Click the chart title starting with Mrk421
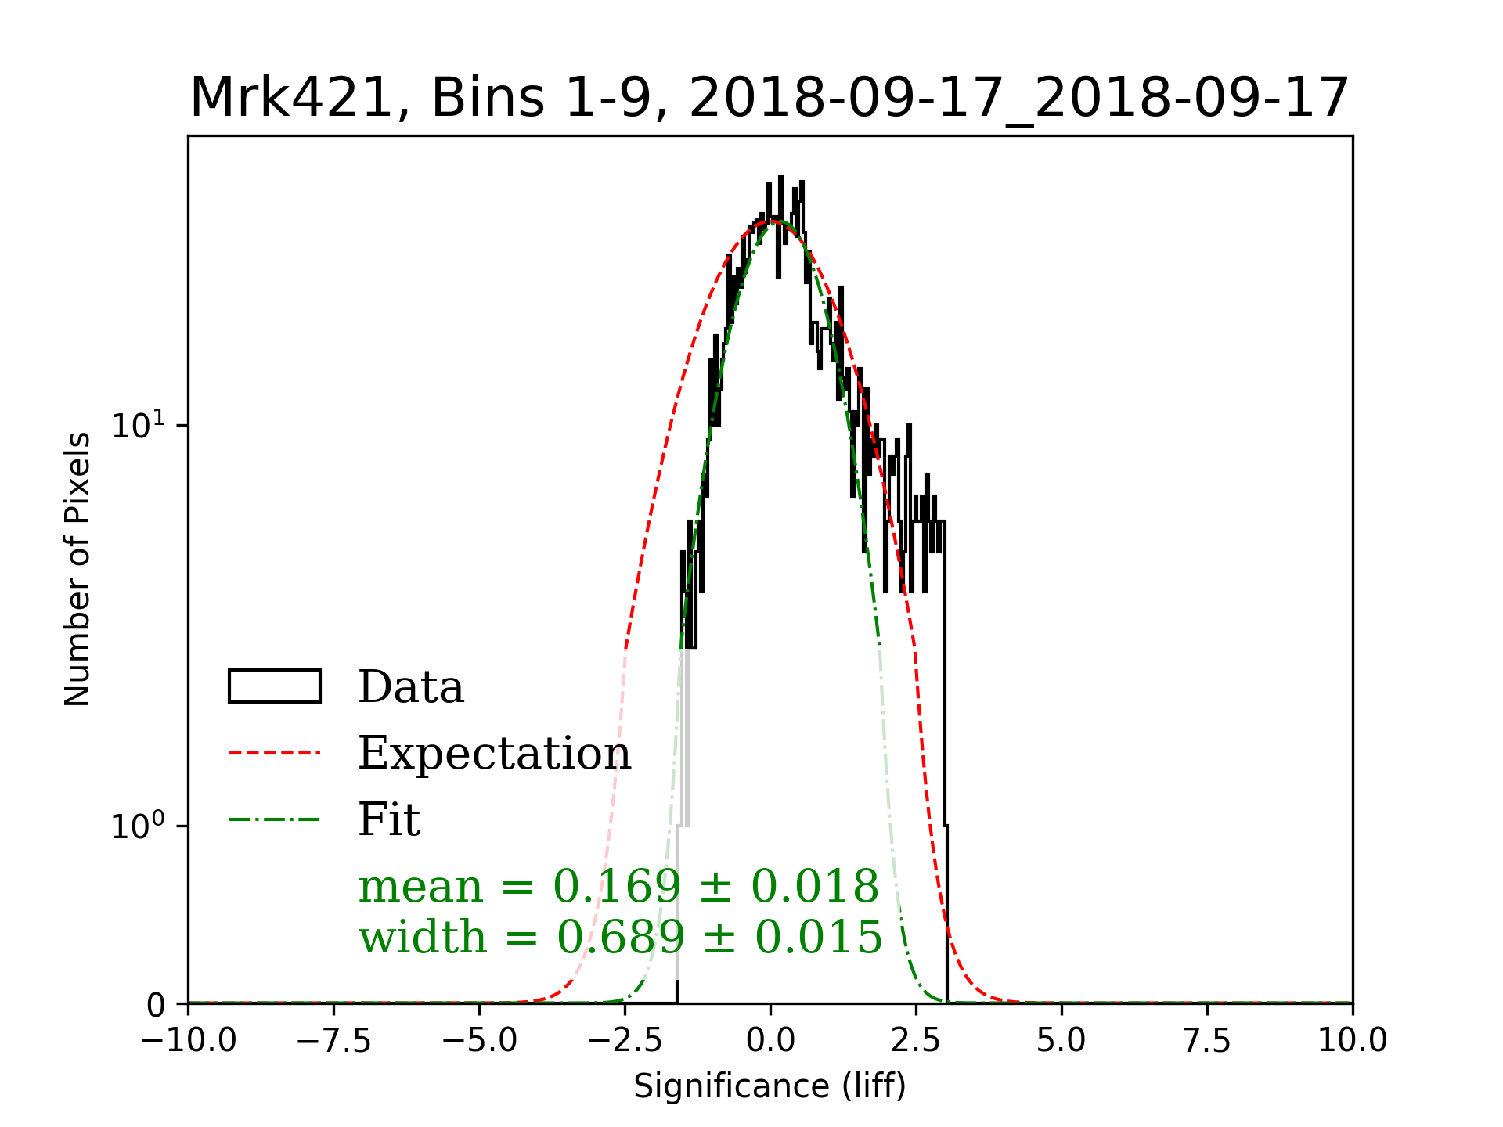click(x=769, y=99)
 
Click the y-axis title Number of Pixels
click(x=77, y=569)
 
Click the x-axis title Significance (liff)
click(x=770, y=1086)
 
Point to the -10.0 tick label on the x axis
click(x=189, y=1041)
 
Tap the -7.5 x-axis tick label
click(x=334, y=1041)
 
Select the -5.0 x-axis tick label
click(x=480, y=1041)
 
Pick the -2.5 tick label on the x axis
click(x=625, y=1041)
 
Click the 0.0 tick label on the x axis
click(x=770, y=1041)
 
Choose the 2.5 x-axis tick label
click(x=916, y=1041)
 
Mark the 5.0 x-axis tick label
click(x=1061, y=1041)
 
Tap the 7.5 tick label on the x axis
click(x=1207, y=1041)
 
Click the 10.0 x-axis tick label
click(x=1352, y=1041)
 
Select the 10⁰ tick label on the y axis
click(x=139, y=825)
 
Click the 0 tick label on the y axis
click(x=156, y=1005)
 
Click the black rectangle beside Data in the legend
click(x=274, y=686)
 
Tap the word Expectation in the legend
click(x=494, y=753)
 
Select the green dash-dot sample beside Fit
click(x=274, y=820)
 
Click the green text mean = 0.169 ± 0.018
click(x=618, y=887)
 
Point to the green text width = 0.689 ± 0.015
click(x=620, y=937)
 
